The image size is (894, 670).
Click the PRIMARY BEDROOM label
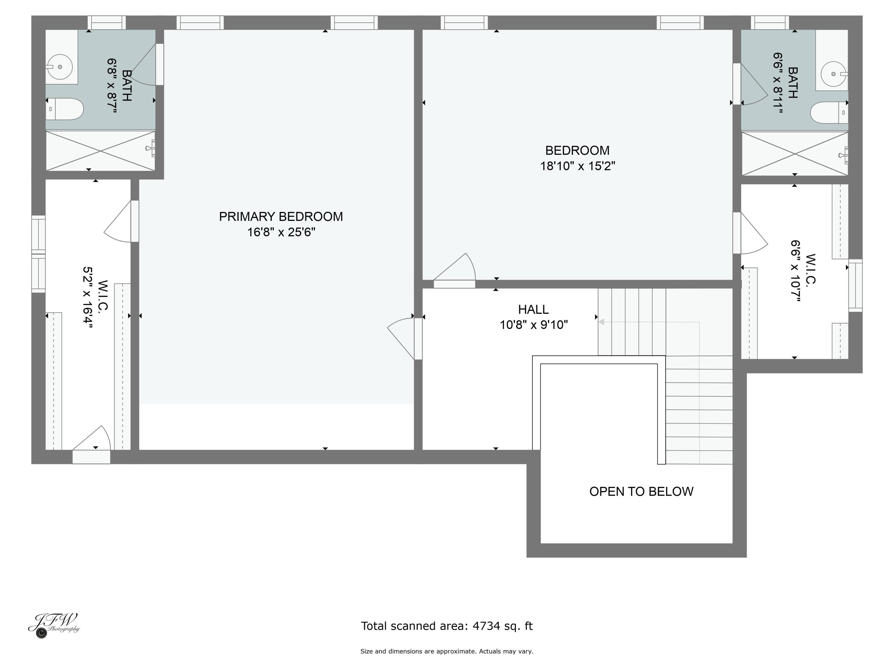[x=281, y=217]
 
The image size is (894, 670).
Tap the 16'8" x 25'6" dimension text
[x=281, y=232]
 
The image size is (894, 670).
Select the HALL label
[x=533, y=310]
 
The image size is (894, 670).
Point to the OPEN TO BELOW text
[x=641, y=492]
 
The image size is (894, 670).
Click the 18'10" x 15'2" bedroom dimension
[x=578, y=166]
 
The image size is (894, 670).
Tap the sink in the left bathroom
[x=60, y=67]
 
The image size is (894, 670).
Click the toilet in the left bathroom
[x=65, y=109]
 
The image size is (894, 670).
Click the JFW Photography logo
[x=54, y=625]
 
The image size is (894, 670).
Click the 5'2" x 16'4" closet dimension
[x=88, y=298]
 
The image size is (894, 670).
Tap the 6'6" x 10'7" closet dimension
[x=796, y=271]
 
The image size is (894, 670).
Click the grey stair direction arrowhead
[x=601, y=322]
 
